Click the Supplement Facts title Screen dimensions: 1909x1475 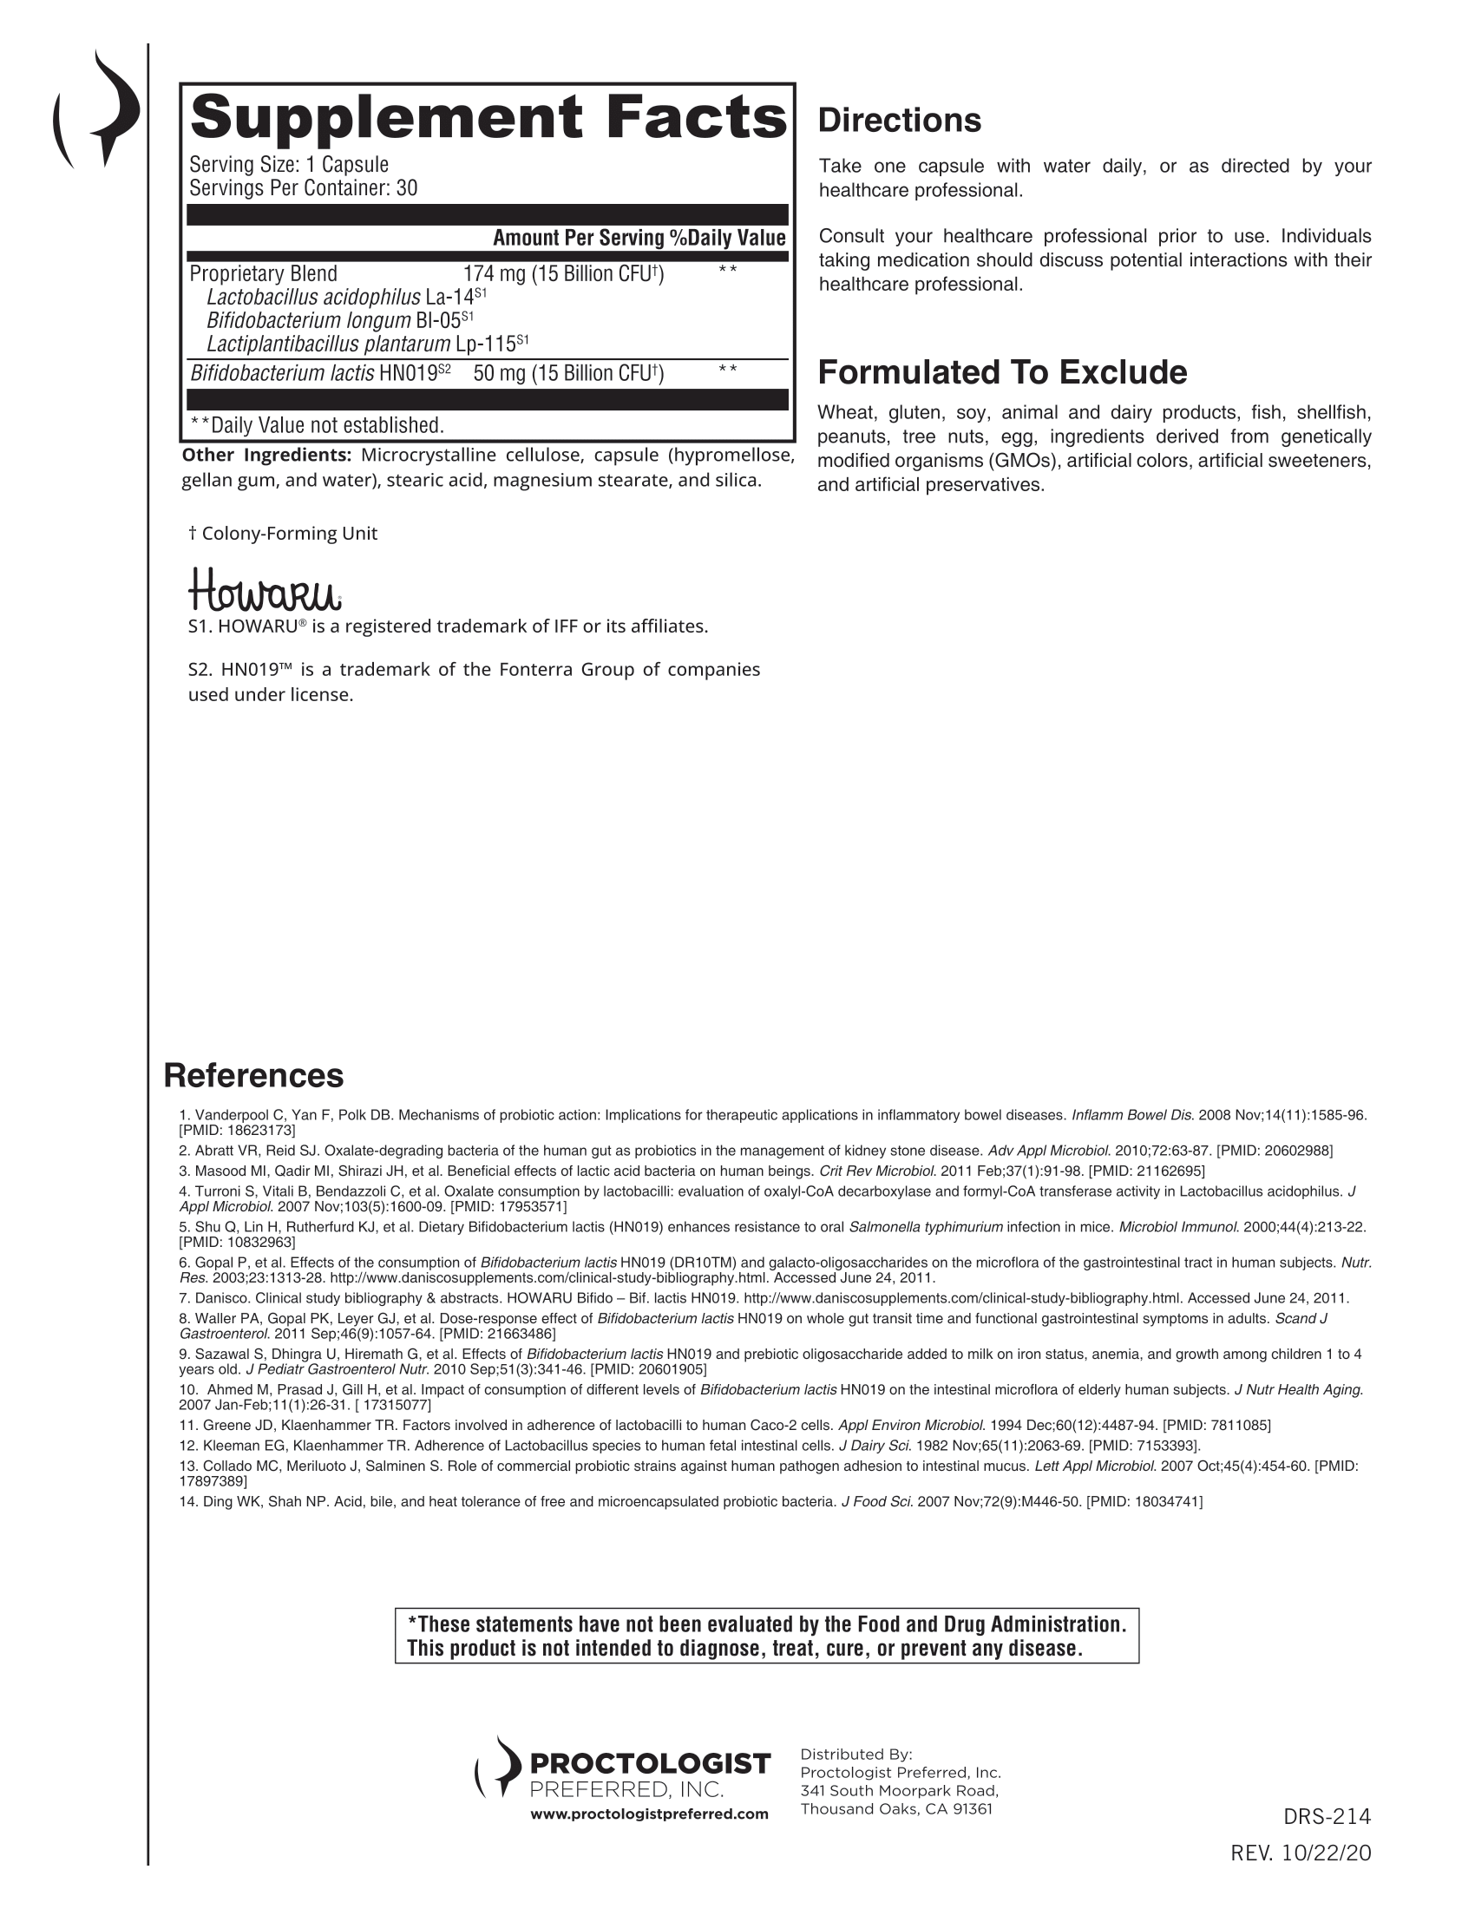click(488, 118)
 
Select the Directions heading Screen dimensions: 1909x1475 click(899, 121)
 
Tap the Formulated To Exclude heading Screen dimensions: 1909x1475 click(1002, 372)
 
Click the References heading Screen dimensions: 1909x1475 click(253, 1075)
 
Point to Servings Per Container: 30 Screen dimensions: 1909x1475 click(303, 188)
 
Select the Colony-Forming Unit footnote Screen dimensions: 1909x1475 click(283, 533)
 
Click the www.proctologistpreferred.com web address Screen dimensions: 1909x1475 click(649, 1814)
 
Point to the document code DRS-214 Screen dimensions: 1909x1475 click(1327, 1816)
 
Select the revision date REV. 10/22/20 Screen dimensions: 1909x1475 click(1301, 1853)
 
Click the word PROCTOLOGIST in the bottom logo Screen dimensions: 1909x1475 click(650, 1764)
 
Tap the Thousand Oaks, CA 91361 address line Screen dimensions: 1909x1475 click(895, 1808)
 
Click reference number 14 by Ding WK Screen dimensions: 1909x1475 click(691, 1502)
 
